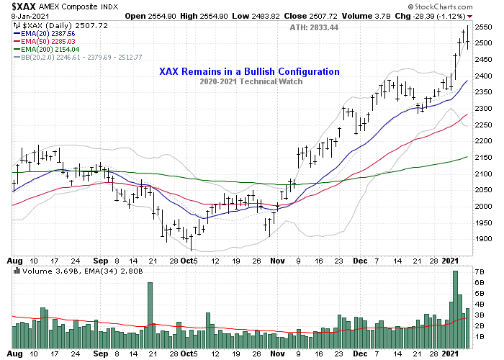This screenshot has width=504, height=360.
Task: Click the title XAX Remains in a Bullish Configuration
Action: (249, 71)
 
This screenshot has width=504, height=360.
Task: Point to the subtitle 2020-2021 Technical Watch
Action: (249, 82)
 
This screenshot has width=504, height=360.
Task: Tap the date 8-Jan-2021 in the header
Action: (24, 16)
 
